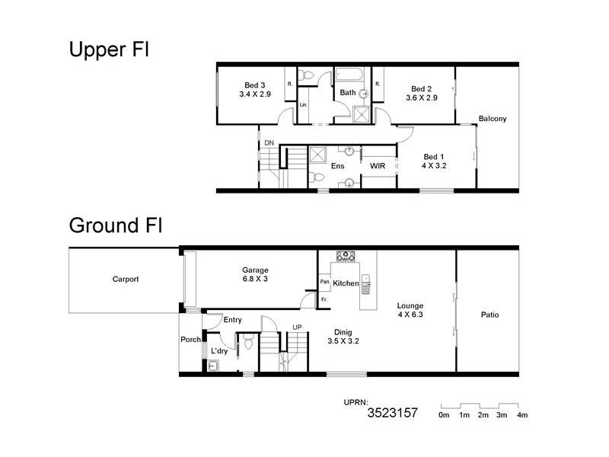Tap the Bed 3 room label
(254, 90)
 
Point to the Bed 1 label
(435, 160)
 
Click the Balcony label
(493, 118)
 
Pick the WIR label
(377, 165)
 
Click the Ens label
(338, 165)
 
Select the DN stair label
(269, 143)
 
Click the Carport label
(125, 280)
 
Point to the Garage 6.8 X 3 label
(256, 275)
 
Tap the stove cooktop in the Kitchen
(347, 257)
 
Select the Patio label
(489, 315)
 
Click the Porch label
(190, 340)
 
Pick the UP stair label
(298, 328)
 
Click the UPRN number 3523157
(393, 414)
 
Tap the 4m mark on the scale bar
(521, 415)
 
